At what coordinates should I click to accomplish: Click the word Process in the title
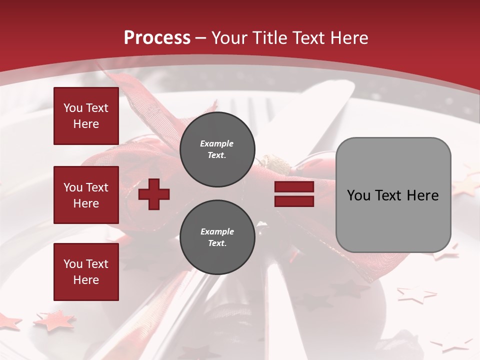pos(157,38)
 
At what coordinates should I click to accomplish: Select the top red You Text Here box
pos(86,116)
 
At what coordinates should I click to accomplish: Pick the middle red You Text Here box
pos(86,195)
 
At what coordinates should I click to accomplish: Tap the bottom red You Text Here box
pos(86,272)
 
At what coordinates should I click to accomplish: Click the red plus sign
pos(154,194)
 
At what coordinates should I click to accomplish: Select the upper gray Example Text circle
pos(217,149)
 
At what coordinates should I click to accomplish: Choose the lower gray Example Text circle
pos(217,237)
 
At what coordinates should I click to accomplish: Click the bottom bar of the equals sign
pos(294,201)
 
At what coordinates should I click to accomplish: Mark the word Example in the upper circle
pos(217,143)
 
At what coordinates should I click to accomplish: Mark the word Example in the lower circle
pos(217,231)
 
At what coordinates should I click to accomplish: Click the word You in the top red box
pos(73,108)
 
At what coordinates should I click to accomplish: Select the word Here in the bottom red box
pos(86,280)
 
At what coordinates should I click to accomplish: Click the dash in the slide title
pos(201,38)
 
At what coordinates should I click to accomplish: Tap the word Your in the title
pos(228,38)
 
